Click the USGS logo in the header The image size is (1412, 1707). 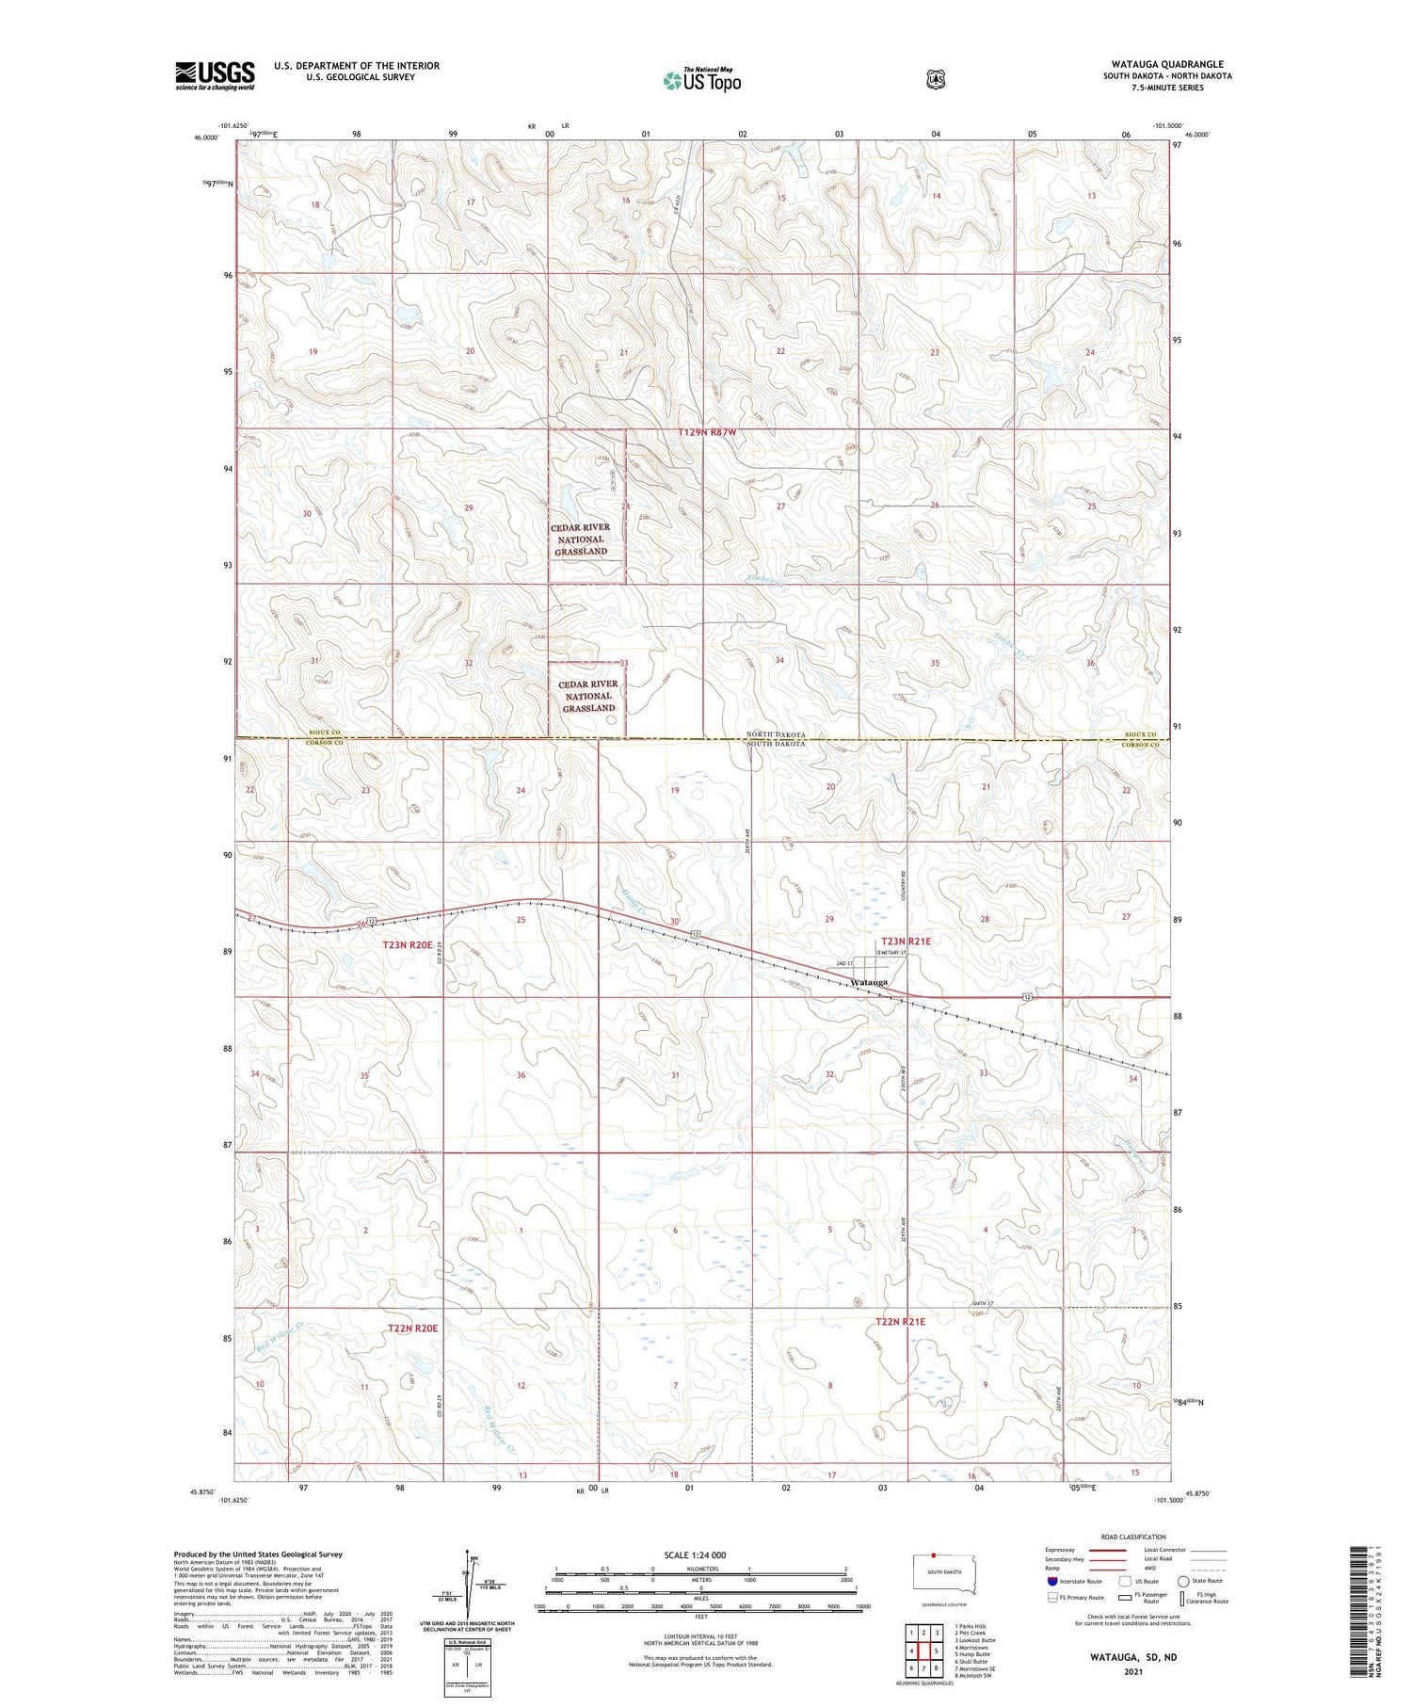coord(215,75)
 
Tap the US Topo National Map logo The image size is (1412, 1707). coord(701,80)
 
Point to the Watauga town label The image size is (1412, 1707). coord(868,982)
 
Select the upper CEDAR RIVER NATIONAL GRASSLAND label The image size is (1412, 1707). coord(581,539)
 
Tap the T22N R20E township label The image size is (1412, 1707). coord(412,1328)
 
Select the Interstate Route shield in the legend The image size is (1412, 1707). coord(1051,1581)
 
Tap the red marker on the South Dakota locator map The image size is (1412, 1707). coord(933,1555)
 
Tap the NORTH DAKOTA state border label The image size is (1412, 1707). coord(777,734)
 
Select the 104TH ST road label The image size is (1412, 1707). coord(981,1303)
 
